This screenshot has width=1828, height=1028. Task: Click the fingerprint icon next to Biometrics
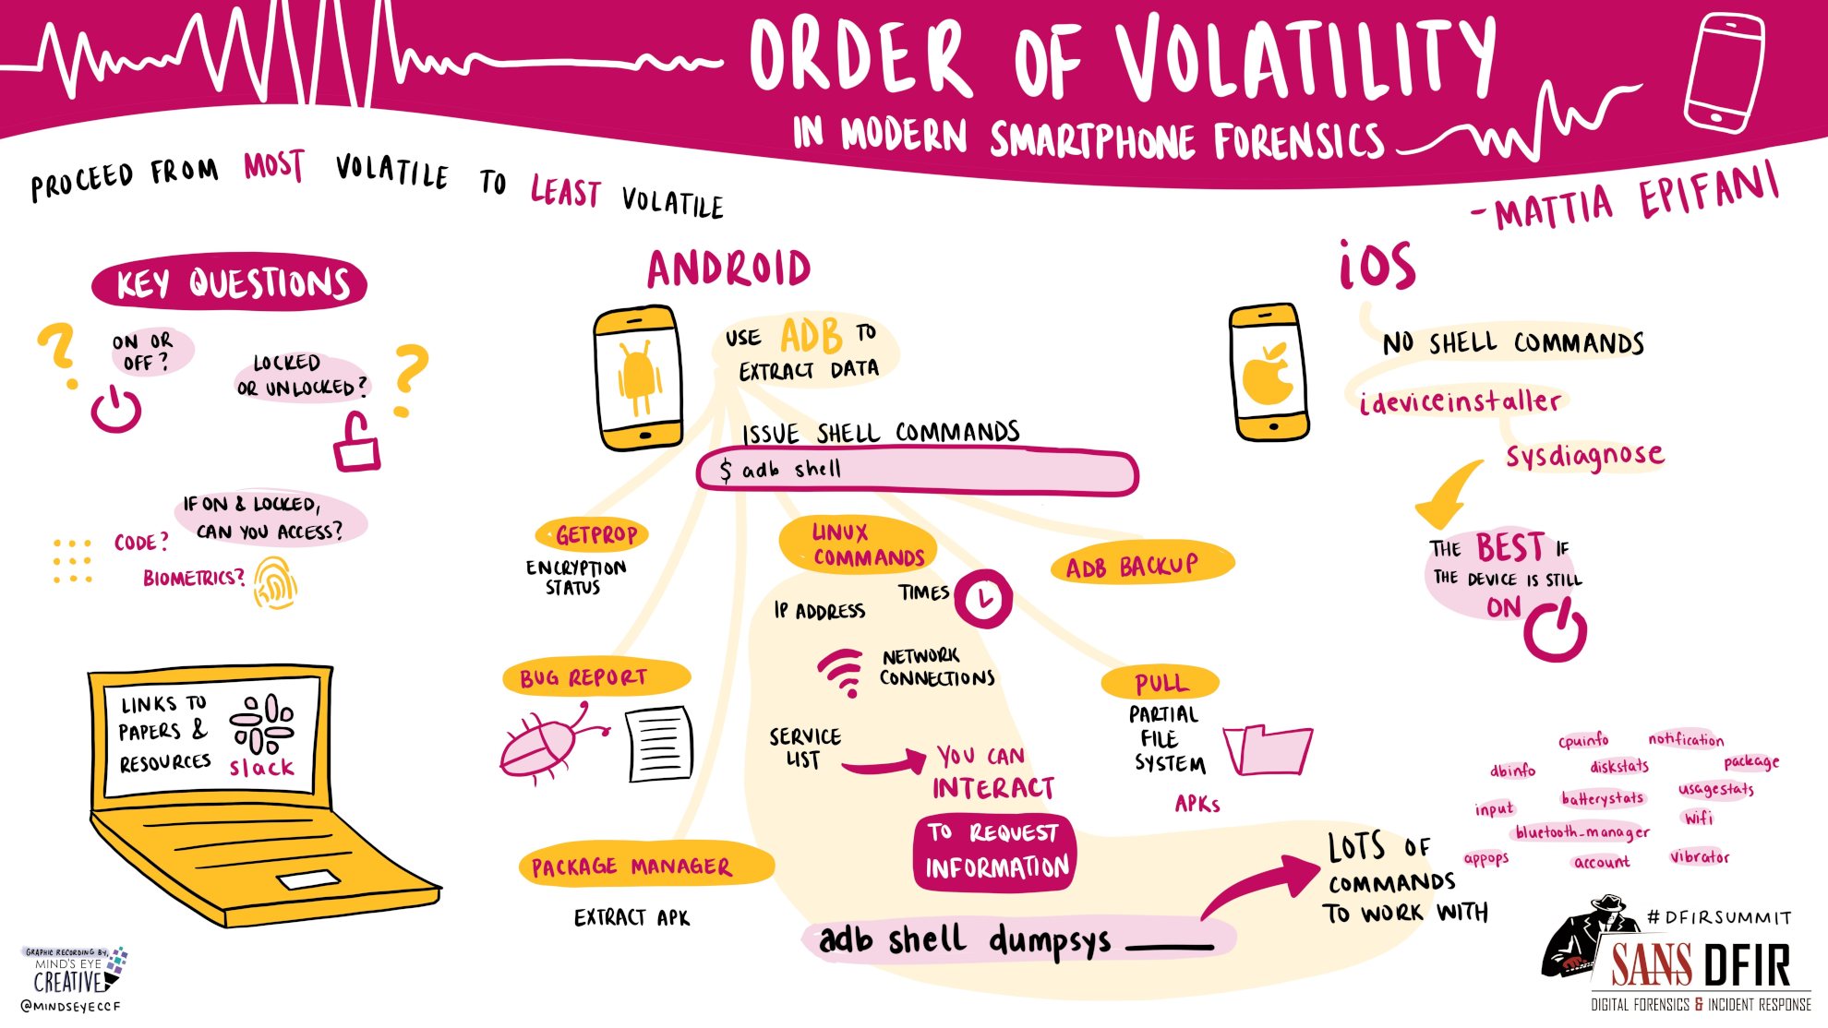pos(275,583)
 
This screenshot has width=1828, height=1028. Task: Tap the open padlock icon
pos(356,444)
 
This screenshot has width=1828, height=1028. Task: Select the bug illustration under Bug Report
pos(547,744)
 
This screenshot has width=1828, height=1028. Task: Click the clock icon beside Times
pos(983,600)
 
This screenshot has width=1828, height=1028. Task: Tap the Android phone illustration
pos(639,378)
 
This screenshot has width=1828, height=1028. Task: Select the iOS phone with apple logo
pos(1269,372)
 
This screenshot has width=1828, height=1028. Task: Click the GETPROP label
pos(595,534)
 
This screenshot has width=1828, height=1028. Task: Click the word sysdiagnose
pos(1584,455)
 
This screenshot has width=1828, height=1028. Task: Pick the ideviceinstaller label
pos(1460,401)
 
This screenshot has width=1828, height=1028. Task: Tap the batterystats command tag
pos(1602,798)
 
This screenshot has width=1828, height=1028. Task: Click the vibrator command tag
pos(1700,857)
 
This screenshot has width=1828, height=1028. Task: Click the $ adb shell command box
pos(917,472)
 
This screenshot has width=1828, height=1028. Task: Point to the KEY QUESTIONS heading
pos(231,283)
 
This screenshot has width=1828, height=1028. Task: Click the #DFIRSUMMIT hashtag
pos(1718,917)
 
